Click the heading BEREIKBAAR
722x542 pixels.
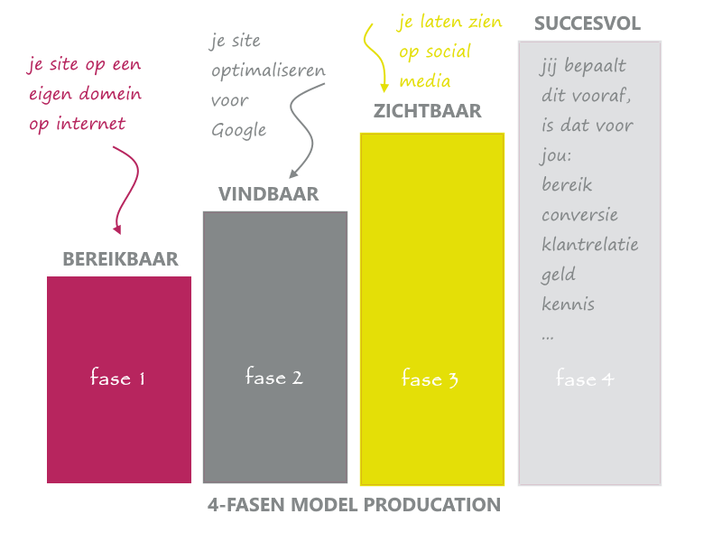[x=120, y=259]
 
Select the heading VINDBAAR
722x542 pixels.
[x=268, y=194]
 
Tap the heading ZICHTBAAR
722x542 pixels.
[x=427, y=111]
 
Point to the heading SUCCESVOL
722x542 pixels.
[x=588, y=23]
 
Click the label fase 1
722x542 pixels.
[x=118, y=377]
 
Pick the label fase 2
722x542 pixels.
[x=274, y=376]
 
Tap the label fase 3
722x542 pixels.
[x=430, y=378]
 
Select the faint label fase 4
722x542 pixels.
[x=585, y=378]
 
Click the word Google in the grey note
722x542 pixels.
[x=239, y=130]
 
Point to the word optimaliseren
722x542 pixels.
[x=268, y=71]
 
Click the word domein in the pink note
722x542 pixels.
[x=110, y=94]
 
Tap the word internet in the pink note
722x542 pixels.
[x=91, y=124]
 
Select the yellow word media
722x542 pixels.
[x=425, y=81]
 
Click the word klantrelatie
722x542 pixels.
[x=590, y=244]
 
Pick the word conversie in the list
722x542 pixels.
[x=579, y=215]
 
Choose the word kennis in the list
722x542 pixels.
[x=569, y=304]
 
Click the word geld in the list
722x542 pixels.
[x=558, y=275]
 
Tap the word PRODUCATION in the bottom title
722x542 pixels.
[x=432, y=505]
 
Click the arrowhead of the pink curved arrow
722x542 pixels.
[x=117, y=229]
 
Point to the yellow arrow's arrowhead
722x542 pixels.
[x=384, y=88]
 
